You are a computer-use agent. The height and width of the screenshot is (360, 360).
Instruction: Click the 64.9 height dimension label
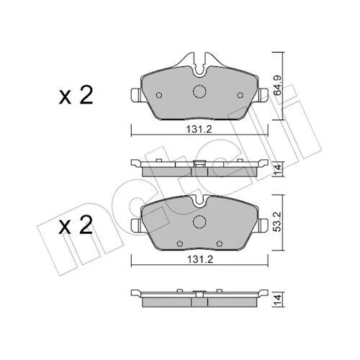tap(278, 86)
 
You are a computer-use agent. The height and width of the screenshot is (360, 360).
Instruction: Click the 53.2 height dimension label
tap(278, 222)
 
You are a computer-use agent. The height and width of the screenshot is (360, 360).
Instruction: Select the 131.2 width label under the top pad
tap(199, 130)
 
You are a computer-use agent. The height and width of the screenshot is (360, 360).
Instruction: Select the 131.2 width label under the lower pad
tap(199, 259)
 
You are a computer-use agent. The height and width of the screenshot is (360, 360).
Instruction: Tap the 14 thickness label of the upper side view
tap(278, 169)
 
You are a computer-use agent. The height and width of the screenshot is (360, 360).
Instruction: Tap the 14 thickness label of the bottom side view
tap(278, 300)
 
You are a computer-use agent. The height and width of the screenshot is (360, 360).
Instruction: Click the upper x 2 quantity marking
tap(76, 95)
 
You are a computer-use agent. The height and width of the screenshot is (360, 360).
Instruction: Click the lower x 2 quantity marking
tap(76, 225)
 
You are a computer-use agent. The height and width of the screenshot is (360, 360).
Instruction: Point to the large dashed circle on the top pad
tap(199, 91)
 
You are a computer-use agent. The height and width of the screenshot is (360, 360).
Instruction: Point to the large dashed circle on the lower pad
tap(199, 222)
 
